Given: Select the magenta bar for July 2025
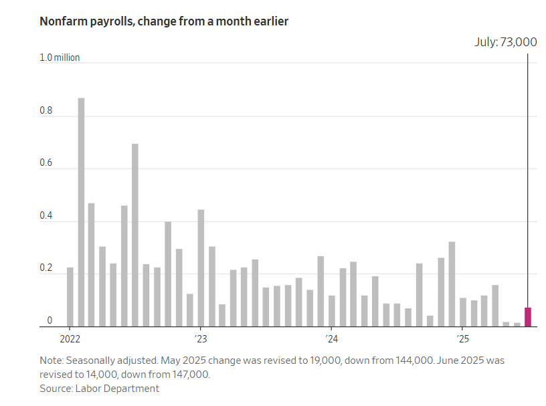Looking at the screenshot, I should (x=527, y=316).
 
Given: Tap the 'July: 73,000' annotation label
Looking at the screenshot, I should (x=506, y=42).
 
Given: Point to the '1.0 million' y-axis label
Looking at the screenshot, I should (x=60, y=58).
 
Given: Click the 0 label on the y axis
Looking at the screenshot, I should (x=49, y=321).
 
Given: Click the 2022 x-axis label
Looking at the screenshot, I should (x=70, y=337).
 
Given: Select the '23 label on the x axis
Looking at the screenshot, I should (x=200, y=337).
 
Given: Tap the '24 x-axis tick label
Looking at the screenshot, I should (x=331, y=337).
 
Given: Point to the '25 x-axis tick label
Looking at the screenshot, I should (x=461, y=337).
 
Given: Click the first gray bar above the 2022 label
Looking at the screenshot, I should (x=70, y=297).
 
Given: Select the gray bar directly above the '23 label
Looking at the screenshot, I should (x=201, y=268).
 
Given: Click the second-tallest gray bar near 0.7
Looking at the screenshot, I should (x=135, y=235).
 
